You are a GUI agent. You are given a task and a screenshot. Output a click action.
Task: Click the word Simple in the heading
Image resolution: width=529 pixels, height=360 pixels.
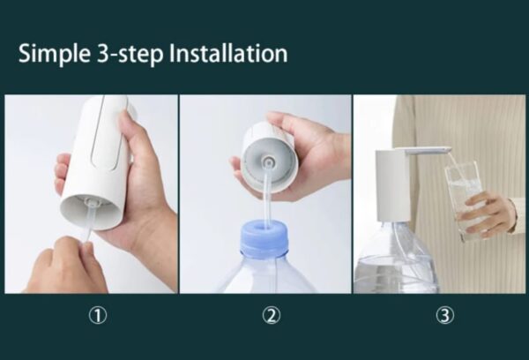55,54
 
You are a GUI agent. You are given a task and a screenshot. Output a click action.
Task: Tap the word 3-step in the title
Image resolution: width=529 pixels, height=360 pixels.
130,54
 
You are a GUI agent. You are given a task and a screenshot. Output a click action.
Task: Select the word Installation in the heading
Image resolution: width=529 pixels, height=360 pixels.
228,53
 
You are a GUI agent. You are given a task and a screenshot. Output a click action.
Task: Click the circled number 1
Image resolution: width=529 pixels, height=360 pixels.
98,315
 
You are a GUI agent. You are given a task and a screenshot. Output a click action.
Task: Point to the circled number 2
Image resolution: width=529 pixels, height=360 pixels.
272,315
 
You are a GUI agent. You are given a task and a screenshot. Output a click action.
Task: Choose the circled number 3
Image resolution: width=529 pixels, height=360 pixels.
445,315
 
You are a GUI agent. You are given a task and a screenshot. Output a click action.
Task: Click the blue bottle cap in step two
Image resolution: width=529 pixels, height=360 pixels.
264,236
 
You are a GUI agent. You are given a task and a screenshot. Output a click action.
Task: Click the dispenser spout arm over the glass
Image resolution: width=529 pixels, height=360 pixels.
428,151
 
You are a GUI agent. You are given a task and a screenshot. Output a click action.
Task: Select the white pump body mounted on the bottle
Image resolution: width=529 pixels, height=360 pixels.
392,185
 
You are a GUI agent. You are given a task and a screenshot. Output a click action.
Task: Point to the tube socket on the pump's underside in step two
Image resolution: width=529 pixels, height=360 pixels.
268,161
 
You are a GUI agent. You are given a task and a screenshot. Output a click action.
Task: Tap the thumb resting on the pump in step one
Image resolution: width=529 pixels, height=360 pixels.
135,127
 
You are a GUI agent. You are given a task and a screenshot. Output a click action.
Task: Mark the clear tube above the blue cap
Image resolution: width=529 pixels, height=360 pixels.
266,199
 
